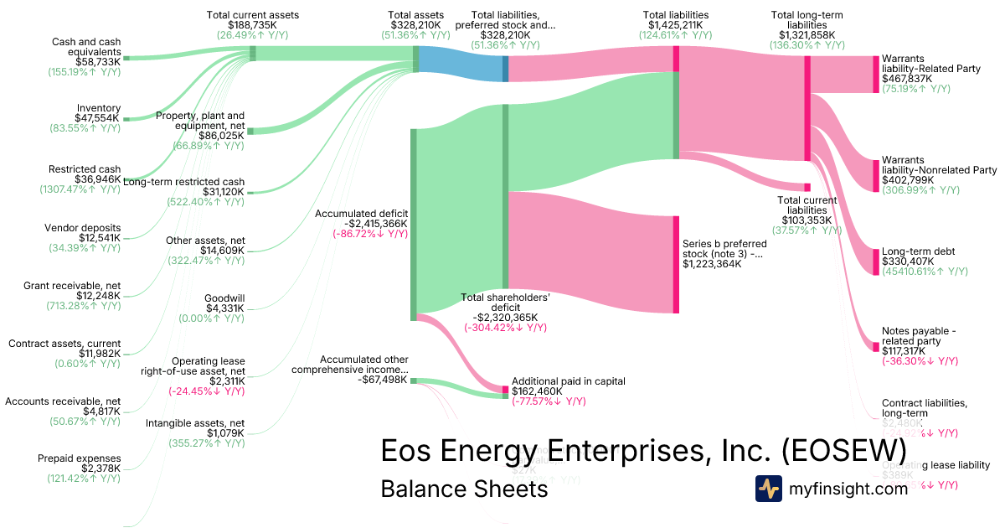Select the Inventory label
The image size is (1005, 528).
(99, 108)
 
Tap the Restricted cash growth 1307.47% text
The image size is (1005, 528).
(80, 189)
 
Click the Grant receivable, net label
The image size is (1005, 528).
(72, 286)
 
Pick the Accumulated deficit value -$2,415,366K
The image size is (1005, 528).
(361, 224)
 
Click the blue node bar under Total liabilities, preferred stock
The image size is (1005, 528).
(505, 64)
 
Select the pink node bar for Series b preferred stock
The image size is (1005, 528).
(676, 264)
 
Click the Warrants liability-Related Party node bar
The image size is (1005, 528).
(874, 74)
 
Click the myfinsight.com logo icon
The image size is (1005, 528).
(768, 489)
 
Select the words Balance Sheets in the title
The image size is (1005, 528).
(464, 489)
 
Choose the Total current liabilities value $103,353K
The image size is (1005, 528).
(807, 220)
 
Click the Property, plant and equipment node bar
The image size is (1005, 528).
(250, 131)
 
